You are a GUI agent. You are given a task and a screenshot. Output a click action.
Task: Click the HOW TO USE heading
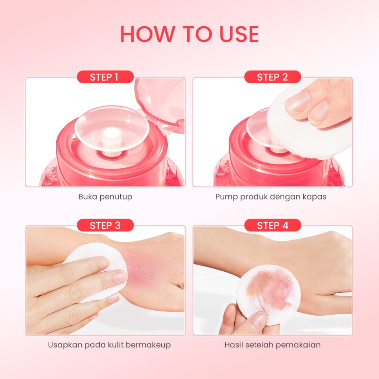click(189, 34)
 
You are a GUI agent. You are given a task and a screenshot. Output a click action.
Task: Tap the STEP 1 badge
click(105, 77)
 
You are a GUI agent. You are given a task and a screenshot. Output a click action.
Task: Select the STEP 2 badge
click(272, 77)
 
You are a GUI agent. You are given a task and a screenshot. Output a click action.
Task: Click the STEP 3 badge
click(105, 225)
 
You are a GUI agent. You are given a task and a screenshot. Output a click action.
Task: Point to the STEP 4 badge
click(272, 225)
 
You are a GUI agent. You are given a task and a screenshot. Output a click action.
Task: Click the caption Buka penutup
click(105, 197)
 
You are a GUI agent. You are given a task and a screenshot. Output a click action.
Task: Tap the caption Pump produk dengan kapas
click(271, 197)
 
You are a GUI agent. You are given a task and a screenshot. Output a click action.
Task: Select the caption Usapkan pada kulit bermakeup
click(109, 345)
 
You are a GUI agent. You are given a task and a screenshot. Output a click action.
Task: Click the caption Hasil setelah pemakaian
click(272, 345)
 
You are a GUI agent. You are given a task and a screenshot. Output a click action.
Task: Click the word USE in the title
click(239, 34)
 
